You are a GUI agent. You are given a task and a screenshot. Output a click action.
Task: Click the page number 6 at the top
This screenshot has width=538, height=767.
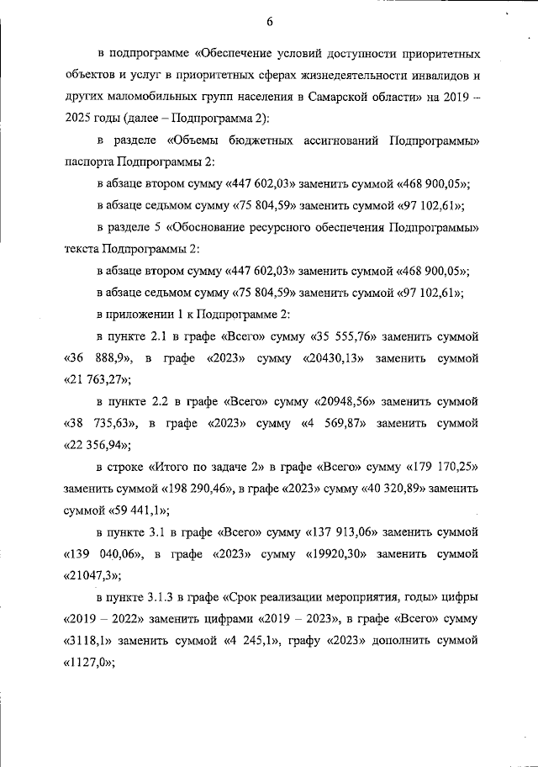[269, 21]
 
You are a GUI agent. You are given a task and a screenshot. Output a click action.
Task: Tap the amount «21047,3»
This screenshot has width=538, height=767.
[91, 577]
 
